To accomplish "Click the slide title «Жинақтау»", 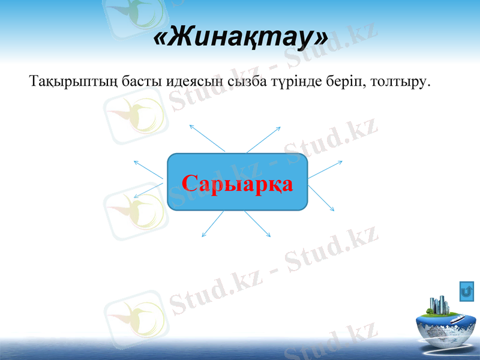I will (x=241, y=38).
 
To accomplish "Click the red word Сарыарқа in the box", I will (x=238, y=183).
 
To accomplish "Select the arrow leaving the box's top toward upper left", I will (x=207, y=138).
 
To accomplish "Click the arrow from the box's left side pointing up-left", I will (x=148, y=169).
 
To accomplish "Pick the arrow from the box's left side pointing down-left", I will (x=148, y=190).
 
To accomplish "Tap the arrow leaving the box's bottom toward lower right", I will (x=257, y=223).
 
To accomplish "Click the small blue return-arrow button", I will (x=467, y=292).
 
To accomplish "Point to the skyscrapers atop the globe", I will (x=440, y=305).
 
